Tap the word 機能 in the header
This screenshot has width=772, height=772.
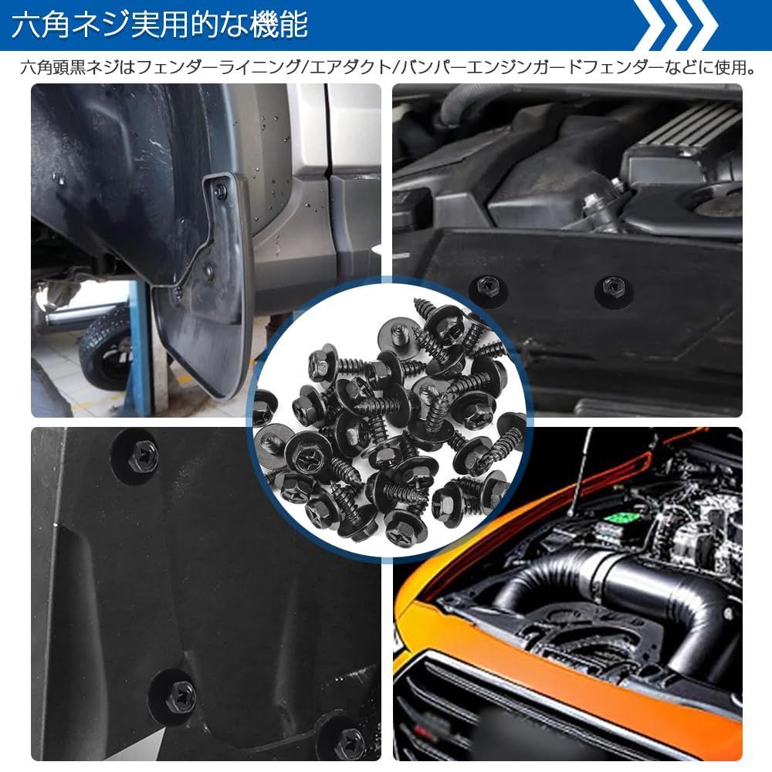(x=279, y=25)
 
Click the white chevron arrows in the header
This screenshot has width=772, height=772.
(x=675, y=25)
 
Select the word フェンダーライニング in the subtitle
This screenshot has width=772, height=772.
(x=218, y=67)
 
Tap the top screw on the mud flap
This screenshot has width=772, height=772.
(x=221, y=190)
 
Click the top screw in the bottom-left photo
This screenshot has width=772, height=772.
(x=142, y=455)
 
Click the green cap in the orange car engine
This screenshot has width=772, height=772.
(x=622, y=519)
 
